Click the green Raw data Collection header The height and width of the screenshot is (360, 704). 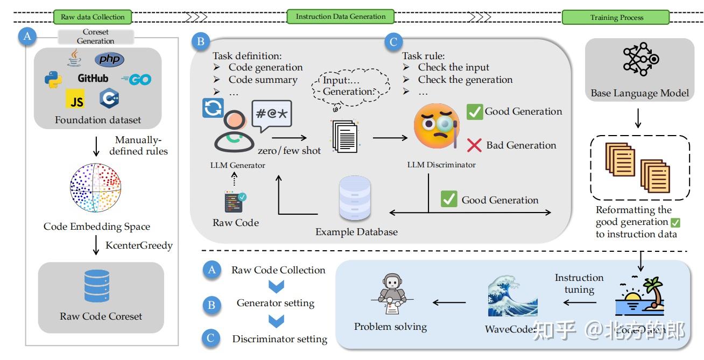(x=93, y=17)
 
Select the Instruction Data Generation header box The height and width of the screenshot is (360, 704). (x=341, y=16)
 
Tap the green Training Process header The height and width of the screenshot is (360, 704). (x=616, y=17)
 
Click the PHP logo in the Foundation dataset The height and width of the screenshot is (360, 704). (x=109, y=59)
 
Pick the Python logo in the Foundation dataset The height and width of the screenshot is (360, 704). (x=53, y=80)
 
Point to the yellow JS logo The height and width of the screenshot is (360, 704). (x=76, y=100)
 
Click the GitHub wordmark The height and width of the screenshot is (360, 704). (x=93, y=79)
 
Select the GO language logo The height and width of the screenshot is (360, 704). (x=136, y=80)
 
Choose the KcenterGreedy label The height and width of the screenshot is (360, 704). (x=139, y=245)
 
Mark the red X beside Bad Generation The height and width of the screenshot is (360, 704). (x=474, y=145)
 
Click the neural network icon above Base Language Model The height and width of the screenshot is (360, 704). (x=640, y=61)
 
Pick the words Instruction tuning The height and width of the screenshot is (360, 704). (x=579, y=284)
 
